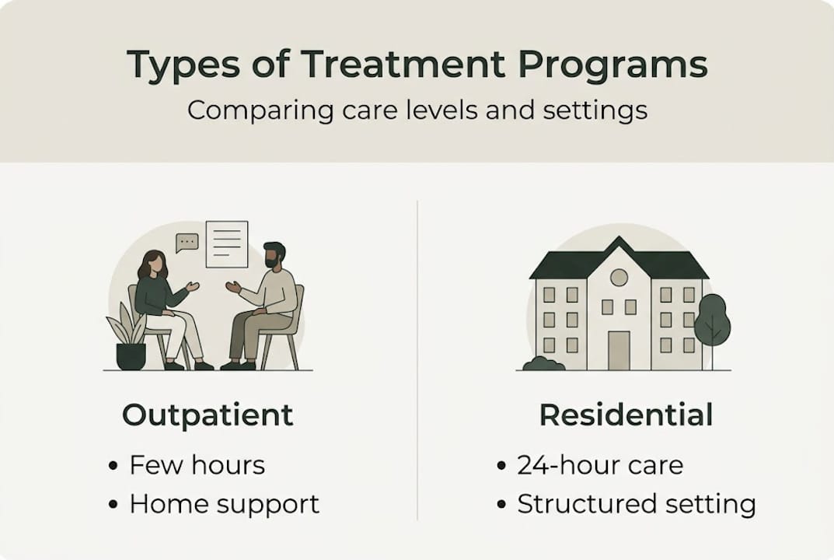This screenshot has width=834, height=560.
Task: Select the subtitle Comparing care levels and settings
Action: coord(417,110)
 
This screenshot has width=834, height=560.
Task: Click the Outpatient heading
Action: coord(208,415)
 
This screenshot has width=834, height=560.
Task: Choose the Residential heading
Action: coord(626,415)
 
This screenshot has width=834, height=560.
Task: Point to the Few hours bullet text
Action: coord(197,465)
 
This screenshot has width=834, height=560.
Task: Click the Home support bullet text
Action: coord(224,504)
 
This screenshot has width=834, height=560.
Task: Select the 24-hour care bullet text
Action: coord(599,465)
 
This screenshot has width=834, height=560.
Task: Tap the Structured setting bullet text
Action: coord(636,504)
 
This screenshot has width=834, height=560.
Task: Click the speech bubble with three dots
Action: coord(187,243)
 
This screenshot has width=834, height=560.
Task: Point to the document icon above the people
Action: coord(227,244)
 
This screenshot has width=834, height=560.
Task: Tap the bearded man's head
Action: coord(274,255)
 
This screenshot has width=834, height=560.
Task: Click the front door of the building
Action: coord(619,349)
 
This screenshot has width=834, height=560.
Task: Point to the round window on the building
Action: coord(619,278)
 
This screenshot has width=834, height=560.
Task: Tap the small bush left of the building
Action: coord(543,363)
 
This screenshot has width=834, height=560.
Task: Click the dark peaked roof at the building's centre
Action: coord(619,254)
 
